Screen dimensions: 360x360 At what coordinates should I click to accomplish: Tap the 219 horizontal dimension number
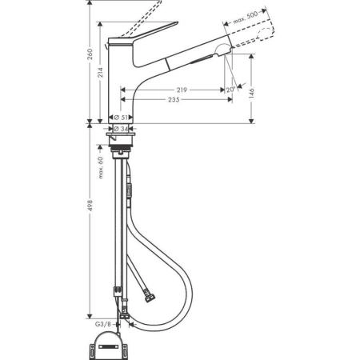tap(183, 90)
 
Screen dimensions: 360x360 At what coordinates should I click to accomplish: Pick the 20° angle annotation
tap(230, 90)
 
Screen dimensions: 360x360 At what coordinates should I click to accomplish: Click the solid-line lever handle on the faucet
tap(144, 36)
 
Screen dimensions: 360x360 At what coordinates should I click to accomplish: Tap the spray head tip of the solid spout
tap(230, 50)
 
